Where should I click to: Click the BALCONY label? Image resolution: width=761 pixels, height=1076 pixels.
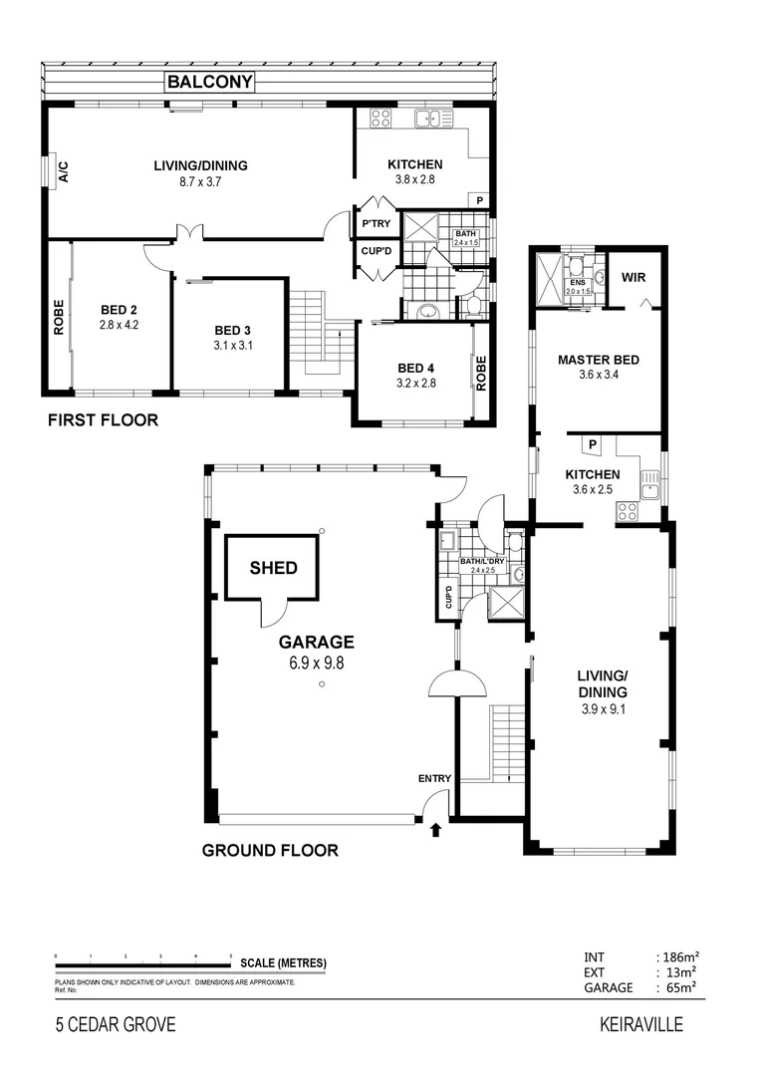209,83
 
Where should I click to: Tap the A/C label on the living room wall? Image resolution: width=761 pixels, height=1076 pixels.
62,171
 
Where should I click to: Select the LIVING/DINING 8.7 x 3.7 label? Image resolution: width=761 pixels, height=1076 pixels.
199,173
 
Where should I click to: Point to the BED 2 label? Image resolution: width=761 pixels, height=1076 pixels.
119,316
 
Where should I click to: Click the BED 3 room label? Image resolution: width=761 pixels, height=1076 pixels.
234,338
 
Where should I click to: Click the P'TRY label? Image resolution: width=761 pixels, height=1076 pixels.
377,223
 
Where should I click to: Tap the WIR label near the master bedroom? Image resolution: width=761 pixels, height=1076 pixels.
634,277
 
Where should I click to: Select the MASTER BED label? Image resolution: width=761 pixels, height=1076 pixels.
598,367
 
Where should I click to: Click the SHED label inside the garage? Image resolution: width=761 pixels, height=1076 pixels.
273,568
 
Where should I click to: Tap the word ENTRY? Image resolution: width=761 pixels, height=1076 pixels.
435,779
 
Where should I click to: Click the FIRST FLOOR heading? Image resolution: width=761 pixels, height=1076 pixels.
103,420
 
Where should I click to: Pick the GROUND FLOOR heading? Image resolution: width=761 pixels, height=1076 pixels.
270,851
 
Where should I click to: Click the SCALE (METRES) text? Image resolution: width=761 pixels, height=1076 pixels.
283,963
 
